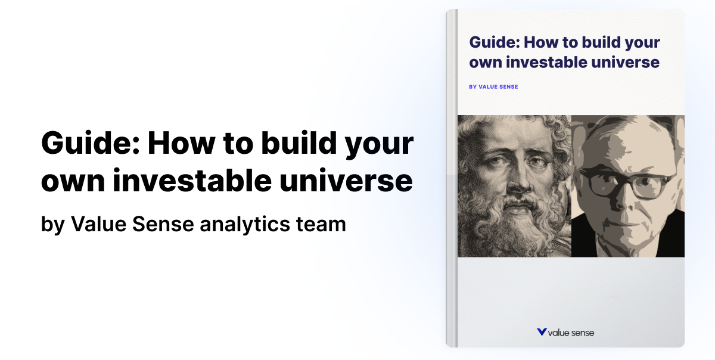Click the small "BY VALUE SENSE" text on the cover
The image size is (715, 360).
pos(493,86)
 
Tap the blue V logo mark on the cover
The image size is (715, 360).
pos(541,332)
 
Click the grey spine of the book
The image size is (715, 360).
pos(452,179)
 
